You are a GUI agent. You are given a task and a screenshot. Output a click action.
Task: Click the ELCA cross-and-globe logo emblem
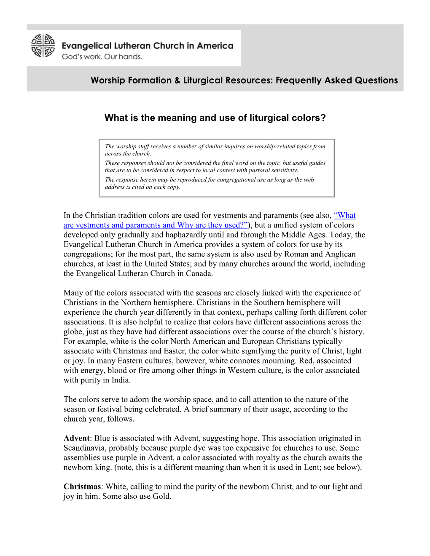coord(43,45)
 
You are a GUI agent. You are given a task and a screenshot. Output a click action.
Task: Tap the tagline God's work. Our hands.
coord(102,57)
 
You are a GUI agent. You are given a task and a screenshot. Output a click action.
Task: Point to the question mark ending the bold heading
coord(323,118)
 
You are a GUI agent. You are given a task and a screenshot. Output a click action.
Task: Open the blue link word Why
coord(185,225)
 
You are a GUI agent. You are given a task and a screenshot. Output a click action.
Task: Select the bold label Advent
coord(76,438)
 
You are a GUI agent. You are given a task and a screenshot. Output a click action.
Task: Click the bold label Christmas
coord(82,486)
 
